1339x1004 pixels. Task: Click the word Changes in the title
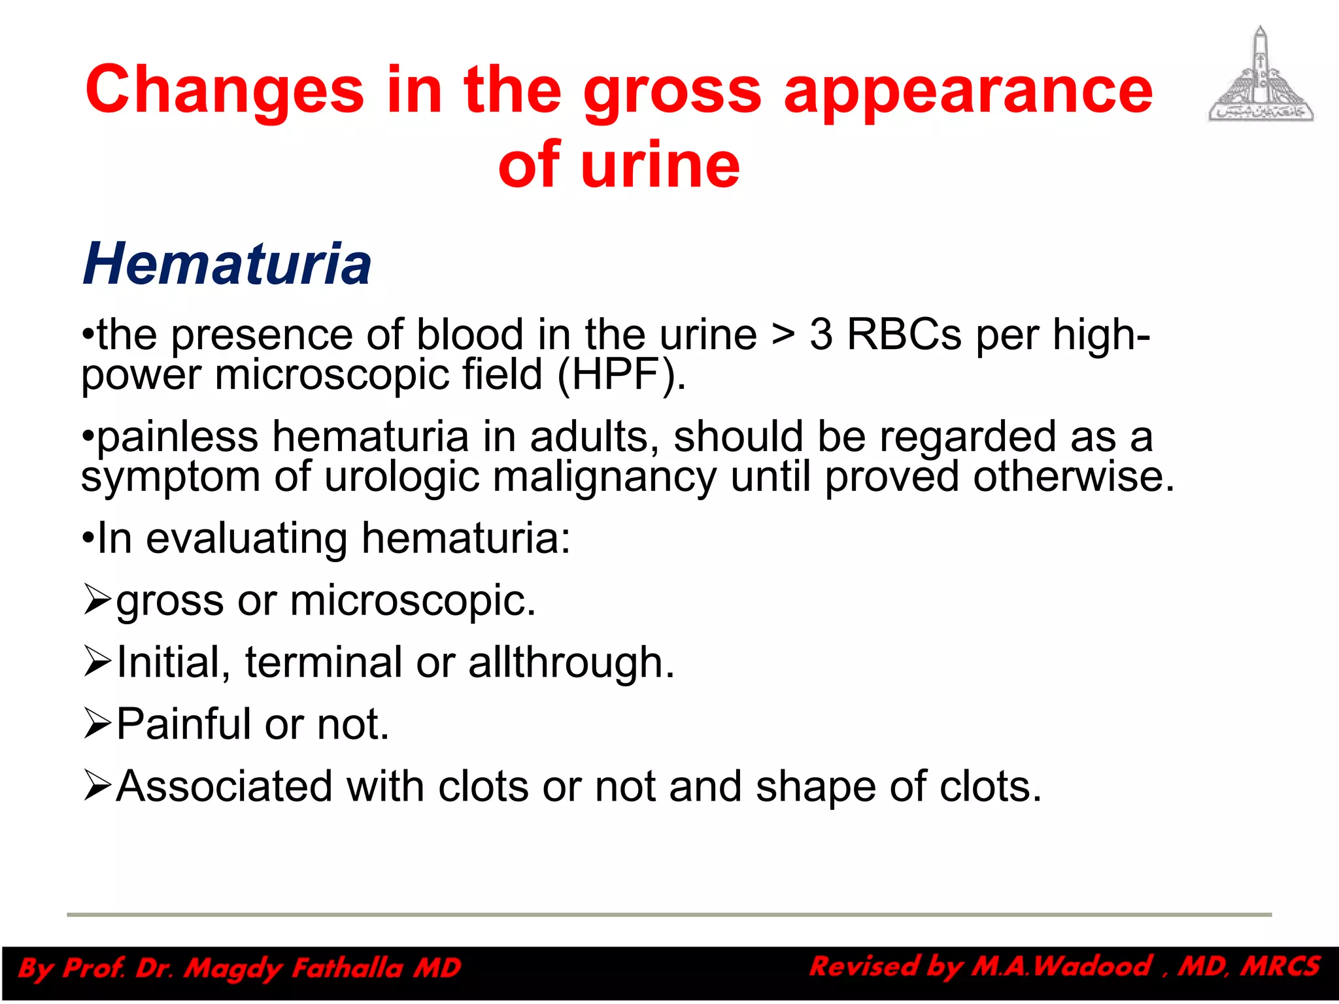click(224, 90)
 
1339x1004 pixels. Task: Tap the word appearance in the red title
click(968, 90)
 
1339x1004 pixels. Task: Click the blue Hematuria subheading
click(227, 264)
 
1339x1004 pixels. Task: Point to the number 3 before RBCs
click(821, 335)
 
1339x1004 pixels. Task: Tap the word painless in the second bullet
click(177, 437)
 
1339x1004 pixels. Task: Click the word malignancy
click(604, 477)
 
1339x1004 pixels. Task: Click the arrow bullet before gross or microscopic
click(97, 600)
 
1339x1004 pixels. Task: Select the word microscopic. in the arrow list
click(413, 600)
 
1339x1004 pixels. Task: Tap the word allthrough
click(571, 662)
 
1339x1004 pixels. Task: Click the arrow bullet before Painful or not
click(97, 724)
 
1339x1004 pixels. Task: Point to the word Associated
click(224, 786)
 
